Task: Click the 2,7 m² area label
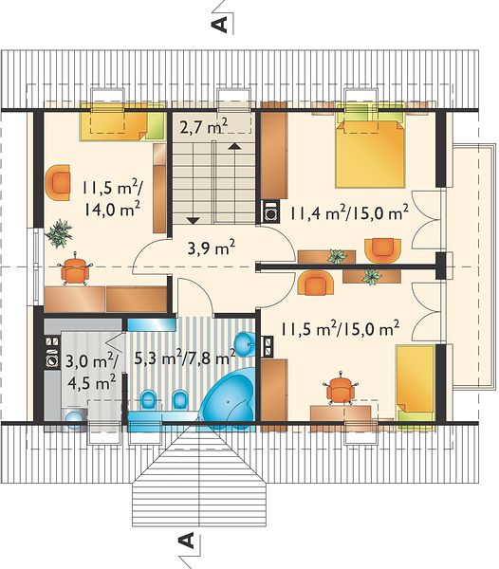[203, 127]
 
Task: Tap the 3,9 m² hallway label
[212, 248]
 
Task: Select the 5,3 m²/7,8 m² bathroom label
[185, 358]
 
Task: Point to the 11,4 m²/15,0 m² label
[349, 213]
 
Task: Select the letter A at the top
[219, 25]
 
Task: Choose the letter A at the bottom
[187, 540]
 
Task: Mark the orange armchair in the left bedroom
[57, 182]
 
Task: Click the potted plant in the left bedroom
[59, 233]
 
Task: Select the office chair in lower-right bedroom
[341, 389]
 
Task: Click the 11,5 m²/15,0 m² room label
[340, 329]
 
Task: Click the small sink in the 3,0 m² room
[74, 416]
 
